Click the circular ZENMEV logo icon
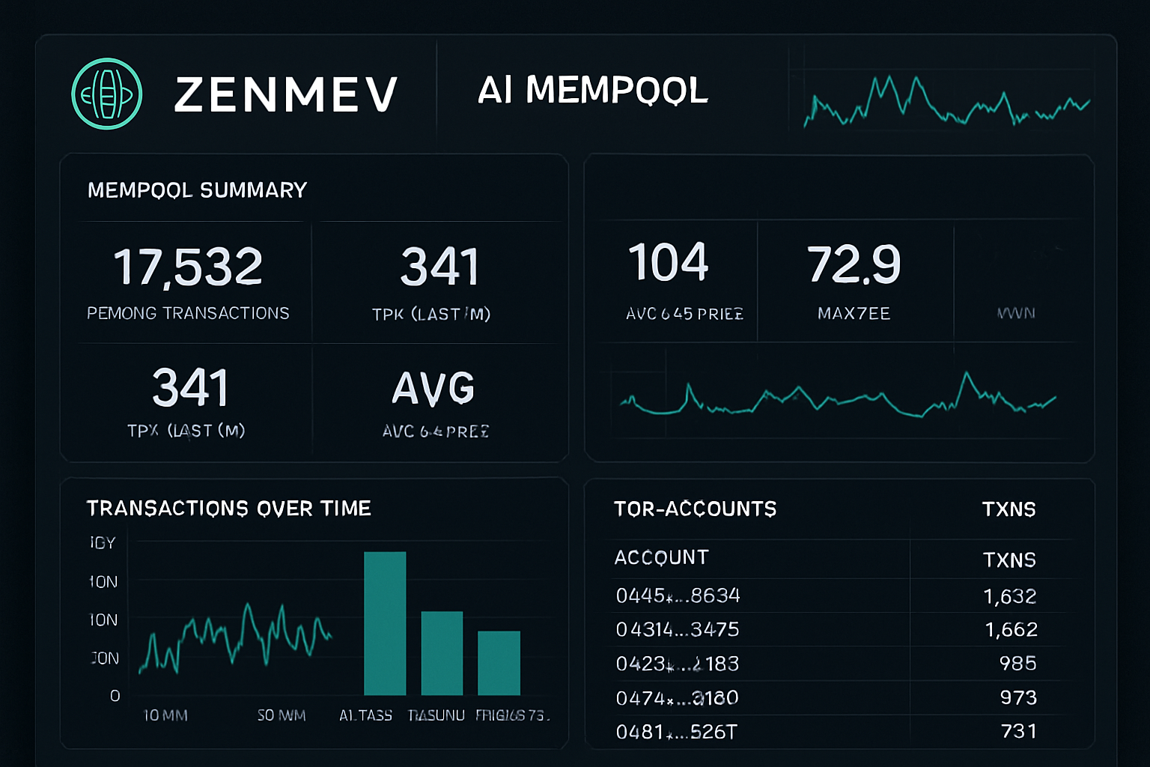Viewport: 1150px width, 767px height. (107, 94)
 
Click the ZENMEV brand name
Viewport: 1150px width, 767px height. (285, 95)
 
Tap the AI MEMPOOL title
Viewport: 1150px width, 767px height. (592, 91)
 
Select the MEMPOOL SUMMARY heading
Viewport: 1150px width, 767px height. (197, 190)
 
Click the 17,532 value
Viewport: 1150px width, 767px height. (188, 267)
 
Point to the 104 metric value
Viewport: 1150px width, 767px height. (668, 263)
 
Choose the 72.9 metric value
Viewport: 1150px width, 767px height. (854, 264)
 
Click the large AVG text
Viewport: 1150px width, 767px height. (433, 389)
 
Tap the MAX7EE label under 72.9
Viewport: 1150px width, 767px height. (854, 314)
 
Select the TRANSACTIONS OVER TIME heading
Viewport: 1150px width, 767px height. (228, 509)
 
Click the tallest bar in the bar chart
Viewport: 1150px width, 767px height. (385, 623)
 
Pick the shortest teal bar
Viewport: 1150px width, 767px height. (499, 663)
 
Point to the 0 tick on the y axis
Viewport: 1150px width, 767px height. (115, 696)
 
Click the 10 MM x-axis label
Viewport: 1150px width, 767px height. (165, 715)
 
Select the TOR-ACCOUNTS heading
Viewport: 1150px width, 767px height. (695, 509)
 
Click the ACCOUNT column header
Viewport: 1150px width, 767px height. (661, 557)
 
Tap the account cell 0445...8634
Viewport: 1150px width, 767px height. (678, 595)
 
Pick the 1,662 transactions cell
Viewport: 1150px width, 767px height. (1011, 629)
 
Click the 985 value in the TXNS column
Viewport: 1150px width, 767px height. (1017, 663)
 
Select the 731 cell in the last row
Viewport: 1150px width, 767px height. (1019, 731)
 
